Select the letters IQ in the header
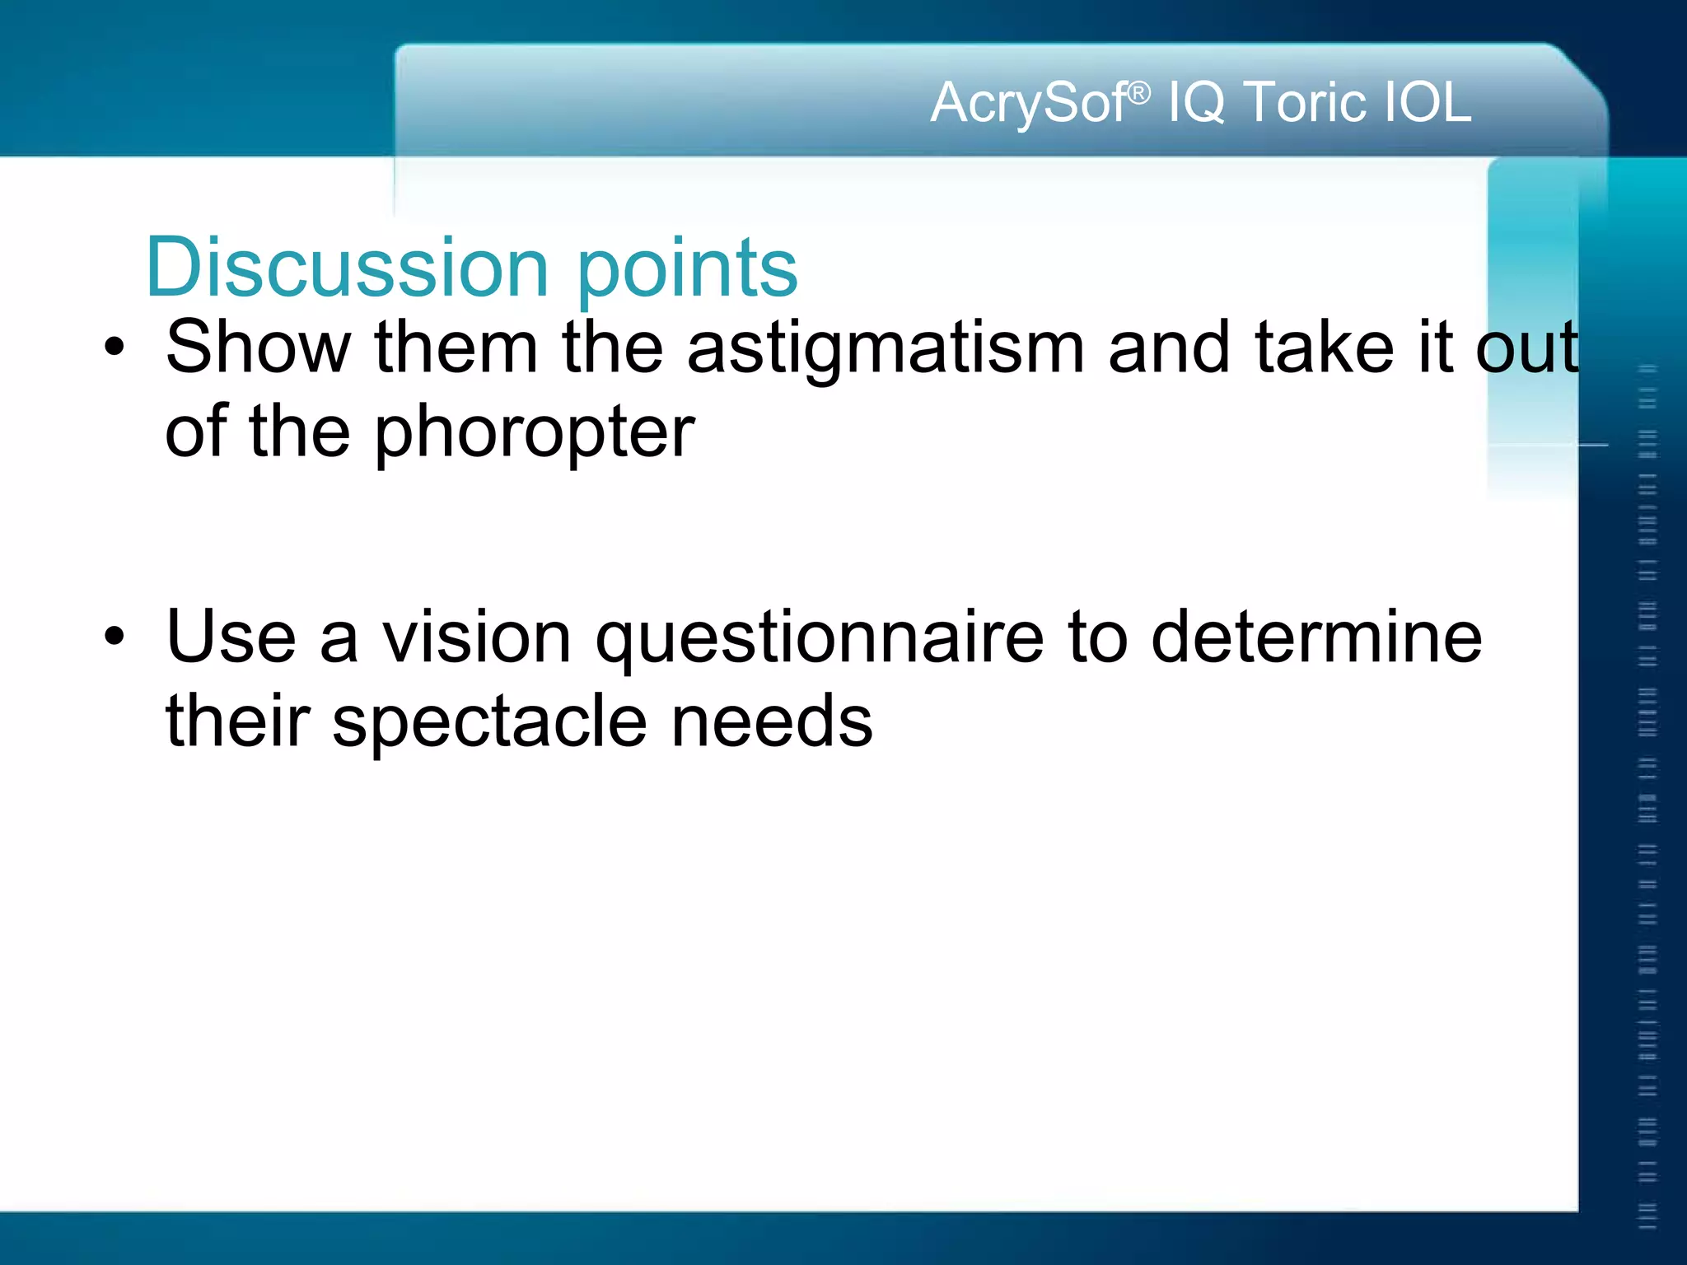click(1196, 103)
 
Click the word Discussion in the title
click(346, 267)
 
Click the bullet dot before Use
click(114, 637)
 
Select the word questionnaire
click(820, 640)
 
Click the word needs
click(772, 721)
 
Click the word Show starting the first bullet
click(258, 347)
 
